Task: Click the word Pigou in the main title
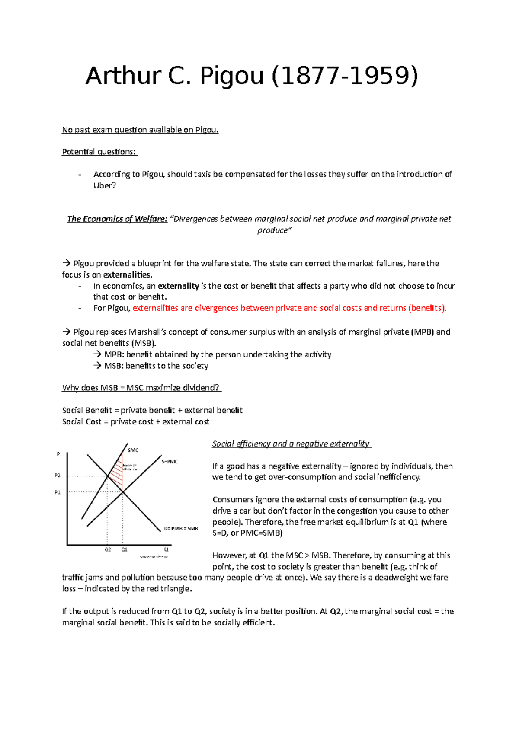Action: pyautogui.click(x=231, y=76)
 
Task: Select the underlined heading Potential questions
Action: pyautogui.click(x=99, y=152)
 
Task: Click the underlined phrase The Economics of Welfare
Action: pyautogui.click(x=117, y=219)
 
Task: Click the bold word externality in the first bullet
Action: pyautogui.click(x=178, y=286)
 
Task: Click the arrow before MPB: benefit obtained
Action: pyautogui.click(x=97, y=354)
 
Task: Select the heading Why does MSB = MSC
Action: pyautogui.click(x=141, y=388)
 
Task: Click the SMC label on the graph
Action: pyautogui.click(x=133, y=450)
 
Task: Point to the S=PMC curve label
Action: pyautogui.click(x=170, y=462)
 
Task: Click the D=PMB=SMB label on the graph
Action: pyautogui.click(x=181, y=528)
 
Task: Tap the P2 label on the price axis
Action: pyautogui.click(x=58, y=476)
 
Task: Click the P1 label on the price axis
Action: pyautogui.click(x=58, y=492)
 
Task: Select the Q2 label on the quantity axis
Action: pyautogui.click(x=108, y=550)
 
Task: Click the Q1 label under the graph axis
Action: pyautogui.click(x=124, y=550)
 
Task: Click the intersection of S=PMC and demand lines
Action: pyautogui.click(x=123, y=491)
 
